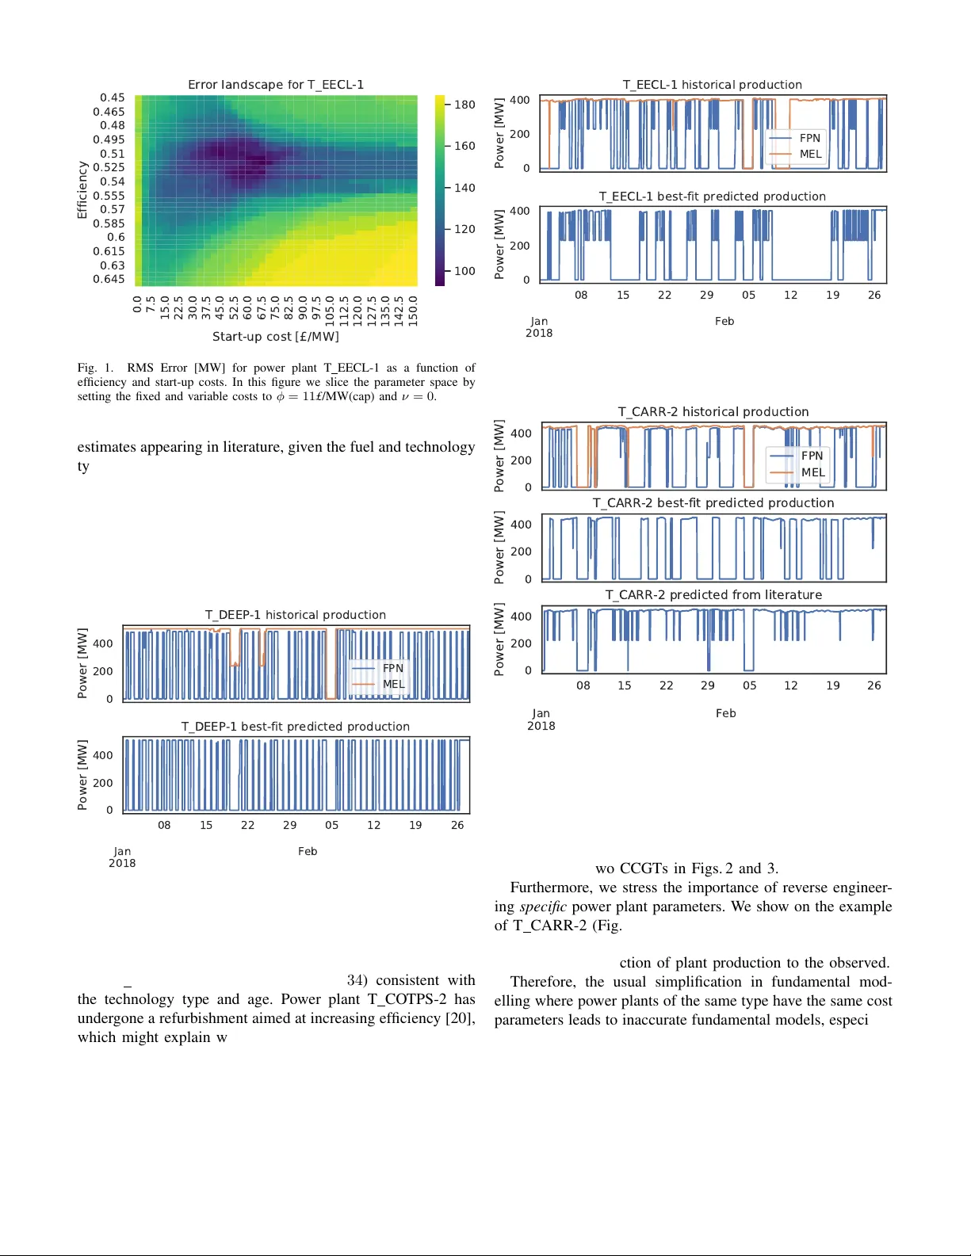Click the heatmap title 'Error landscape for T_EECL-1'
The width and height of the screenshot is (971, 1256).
tap(275, 85)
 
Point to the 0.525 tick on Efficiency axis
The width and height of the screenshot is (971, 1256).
tap(109, 167)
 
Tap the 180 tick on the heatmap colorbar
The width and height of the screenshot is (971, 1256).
tap(464, 105)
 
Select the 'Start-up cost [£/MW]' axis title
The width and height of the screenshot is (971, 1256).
tap(275, 337)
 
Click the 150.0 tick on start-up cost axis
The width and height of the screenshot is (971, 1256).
tap(413, 311)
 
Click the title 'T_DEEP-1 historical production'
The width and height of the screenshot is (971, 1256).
tap(295, 615)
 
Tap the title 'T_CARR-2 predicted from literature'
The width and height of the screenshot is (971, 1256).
tap(713, 595)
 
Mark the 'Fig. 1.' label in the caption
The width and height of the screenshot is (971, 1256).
tap(95, 368)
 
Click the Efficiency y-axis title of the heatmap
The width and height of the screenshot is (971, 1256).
tap(82, 190)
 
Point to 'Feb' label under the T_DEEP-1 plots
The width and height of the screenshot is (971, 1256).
tap(308, 851)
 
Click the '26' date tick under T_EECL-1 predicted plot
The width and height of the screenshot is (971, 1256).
tap(874, 295)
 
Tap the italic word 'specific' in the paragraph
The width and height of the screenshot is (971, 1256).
tap(543, 907)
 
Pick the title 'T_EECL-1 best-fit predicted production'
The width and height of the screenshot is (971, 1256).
tap(712, 197)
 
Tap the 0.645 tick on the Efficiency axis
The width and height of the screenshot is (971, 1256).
tap(109, 279)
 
